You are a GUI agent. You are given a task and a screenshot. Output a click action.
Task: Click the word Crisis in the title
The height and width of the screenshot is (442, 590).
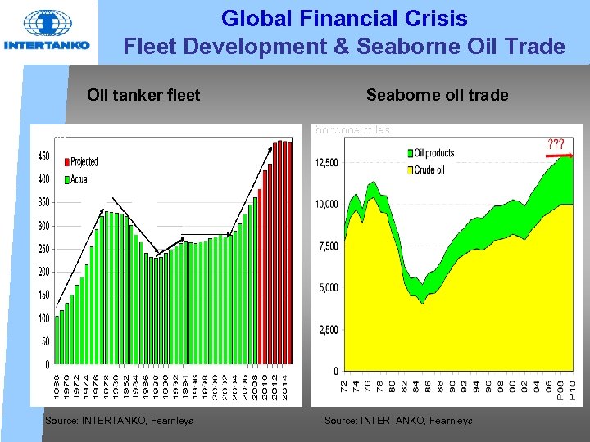pos(449,18)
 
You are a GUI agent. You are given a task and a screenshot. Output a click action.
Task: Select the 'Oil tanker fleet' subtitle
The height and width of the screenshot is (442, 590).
pos(143,96)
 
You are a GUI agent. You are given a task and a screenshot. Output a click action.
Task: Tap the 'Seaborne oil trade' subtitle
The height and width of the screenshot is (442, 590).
pos(437,96)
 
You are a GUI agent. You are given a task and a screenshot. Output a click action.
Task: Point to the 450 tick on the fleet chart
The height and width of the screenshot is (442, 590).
pos(43,156)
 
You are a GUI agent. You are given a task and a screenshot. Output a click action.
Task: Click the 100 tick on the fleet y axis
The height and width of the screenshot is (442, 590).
pos(43,318)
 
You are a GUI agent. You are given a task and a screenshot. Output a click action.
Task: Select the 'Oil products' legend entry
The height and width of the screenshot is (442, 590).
pos(433,153)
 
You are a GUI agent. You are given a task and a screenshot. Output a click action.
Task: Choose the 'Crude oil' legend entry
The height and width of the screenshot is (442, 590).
pos(429,169)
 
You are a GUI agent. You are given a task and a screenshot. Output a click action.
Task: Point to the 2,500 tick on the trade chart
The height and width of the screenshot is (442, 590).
pos(328,330)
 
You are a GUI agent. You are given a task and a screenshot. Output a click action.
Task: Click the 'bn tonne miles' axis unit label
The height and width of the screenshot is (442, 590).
pos(352,129)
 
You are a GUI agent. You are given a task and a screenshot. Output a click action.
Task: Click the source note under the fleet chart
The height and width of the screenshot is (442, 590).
pos(120,421)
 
